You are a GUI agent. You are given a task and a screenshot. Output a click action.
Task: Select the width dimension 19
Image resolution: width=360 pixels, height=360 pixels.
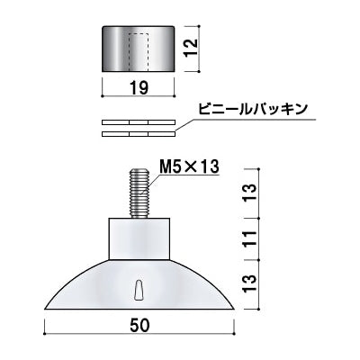139,89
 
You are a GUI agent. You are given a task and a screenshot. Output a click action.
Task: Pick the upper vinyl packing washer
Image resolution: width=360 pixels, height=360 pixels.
139,122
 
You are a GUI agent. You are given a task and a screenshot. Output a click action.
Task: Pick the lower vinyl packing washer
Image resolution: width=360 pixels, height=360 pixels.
139,134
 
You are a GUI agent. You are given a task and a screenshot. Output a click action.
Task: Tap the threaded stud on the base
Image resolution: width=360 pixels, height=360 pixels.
139,193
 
